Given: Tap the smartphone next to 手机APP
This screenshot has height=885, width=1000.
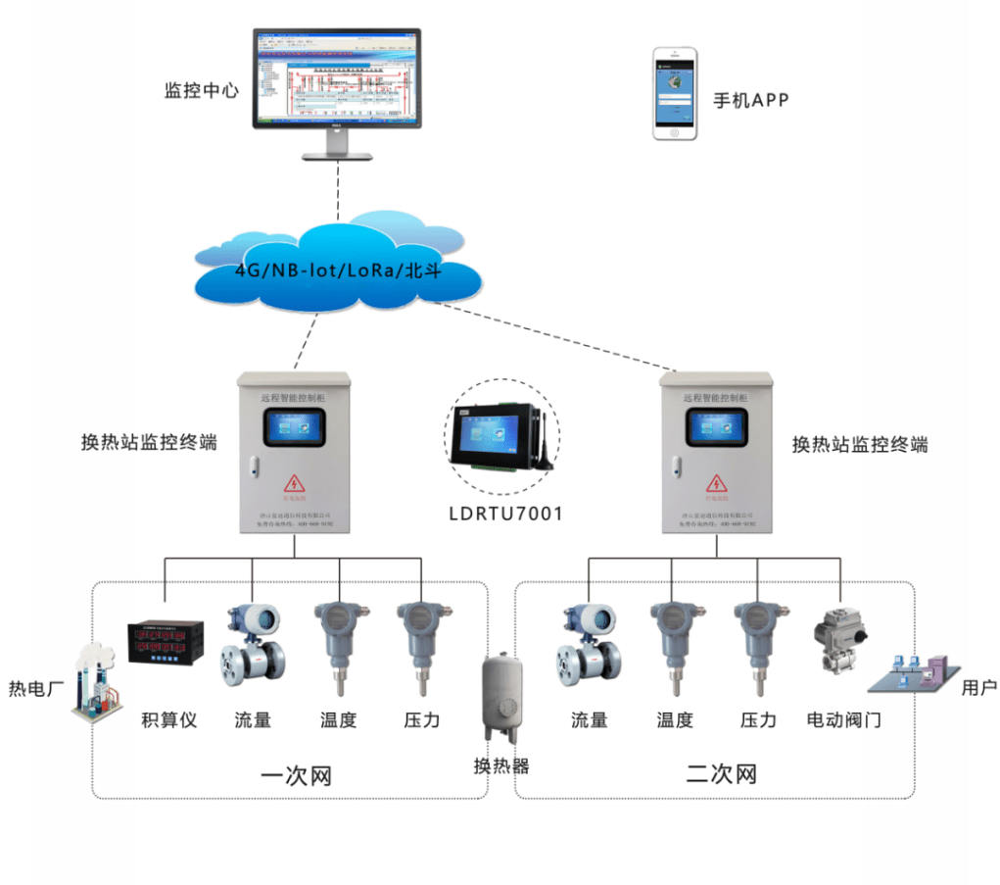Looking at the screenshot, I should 675,94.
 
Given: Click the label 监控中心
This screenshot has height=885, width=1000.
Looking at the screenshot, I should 201,91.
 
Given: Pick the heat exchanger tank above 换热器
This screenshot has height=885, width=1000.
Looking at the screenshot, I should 501,698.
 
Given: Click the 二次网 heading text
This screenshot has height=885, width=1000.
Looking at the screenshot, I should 721,775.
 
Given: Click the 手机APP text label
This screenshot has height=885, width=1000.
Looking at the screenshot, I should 751,100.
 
